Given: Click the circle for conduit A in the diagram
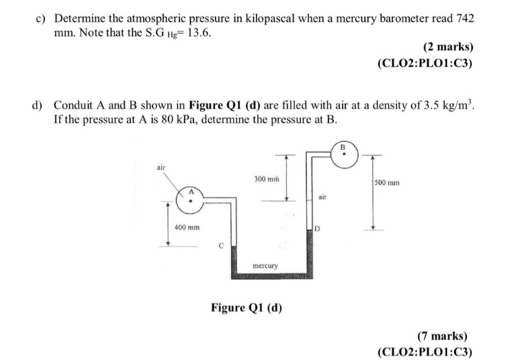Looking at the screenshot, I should point(191,196).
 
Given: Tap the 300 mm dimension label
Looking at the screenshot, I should point(264,179).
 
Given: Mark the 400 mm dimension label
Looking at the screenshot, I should point(187,227).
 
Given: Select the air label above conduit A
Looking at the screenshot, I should point(162,167).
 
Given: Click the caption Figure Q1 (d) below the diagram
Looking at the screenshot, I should point(246,306).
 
